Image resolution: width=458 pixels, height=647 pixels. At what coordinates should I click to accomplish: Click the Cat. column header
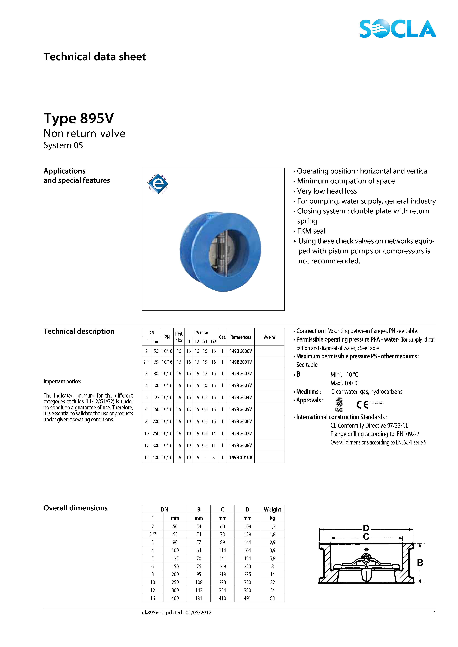[x=223, y=337]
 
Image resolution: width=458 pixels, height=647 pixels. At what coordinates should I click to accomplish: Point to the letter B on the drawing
[x=420, y=563]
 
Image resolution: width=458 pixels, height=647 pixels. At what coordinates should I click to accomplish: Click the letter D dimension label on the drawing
[x=366, y=528]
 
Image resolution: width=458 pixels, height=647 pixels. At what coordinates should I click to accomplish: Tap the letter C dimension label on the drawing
[x=366, y=537]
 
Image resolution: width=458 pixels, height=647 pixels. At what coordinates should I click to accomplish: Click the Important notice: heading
[x=62, y=382]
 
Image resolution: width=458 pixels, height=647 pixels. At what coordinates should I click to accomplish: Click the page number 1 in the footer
[x=435, y=613]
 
